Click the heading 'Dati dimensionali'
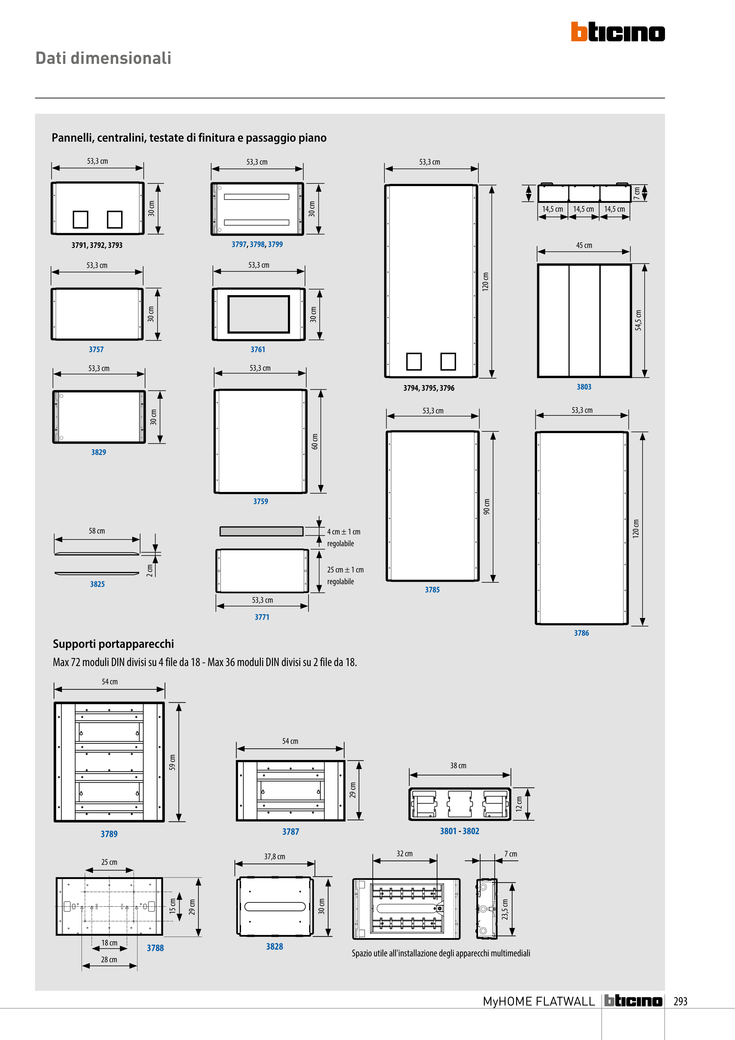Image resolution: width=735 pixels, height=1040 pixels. coord(103,58)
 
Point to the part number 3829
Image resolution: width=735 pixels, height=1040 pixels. coord(98,452)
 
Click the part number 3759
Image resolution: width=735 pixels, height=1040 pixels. coord(261,501)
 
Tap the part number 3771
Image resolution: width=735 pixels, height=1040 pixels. coord(262,617)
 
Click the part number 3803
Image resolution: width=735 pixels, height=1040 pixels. coord(584,387)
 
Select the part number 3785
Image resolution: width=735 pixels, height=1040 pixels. coord(432,590)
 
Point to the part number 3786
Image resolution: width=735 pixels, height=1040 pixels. coord(581,633)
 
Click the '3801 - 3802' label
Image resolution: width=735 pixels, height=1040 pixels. coord(459,831)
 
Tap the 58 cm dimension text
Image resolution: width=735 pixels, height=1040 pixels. coord(97,531)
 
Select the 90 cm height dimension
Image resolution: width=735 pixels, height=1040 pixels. coord(486,506)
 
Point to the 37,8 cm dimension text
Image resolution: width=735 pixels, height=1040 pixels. coord(274,857)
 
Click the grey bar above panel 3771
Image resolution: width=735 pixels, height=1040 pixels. coord(261,531)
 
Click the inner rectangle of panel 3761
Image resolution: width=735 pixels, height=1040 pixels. coord(258,314)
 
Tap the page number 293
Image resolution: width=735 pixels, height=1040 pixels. coord(680,1001)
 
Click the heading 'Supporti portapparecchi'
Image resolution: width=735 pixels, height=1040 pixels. coord(113,644)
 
